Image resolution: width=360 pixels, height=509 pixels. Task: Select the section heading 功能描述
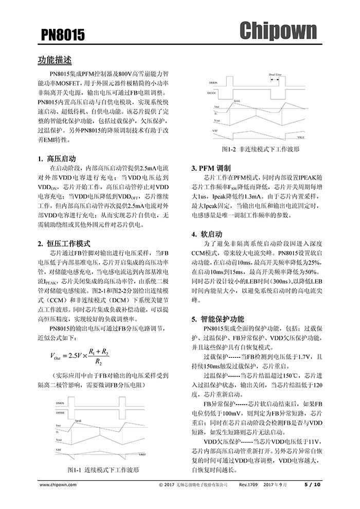(x=55, y=60)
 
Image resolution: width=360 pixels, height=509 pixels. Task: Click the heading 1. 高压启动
(x=57, y=158)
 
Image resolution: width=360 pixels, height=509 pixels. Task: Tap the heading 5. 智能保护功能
(x=218, y=319)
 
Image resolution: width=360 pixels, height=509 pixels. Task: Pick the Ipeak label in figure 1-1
(x=78, y=420)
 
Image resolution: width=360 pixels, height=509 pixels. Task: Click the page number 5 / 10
(x=312, y=484)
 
